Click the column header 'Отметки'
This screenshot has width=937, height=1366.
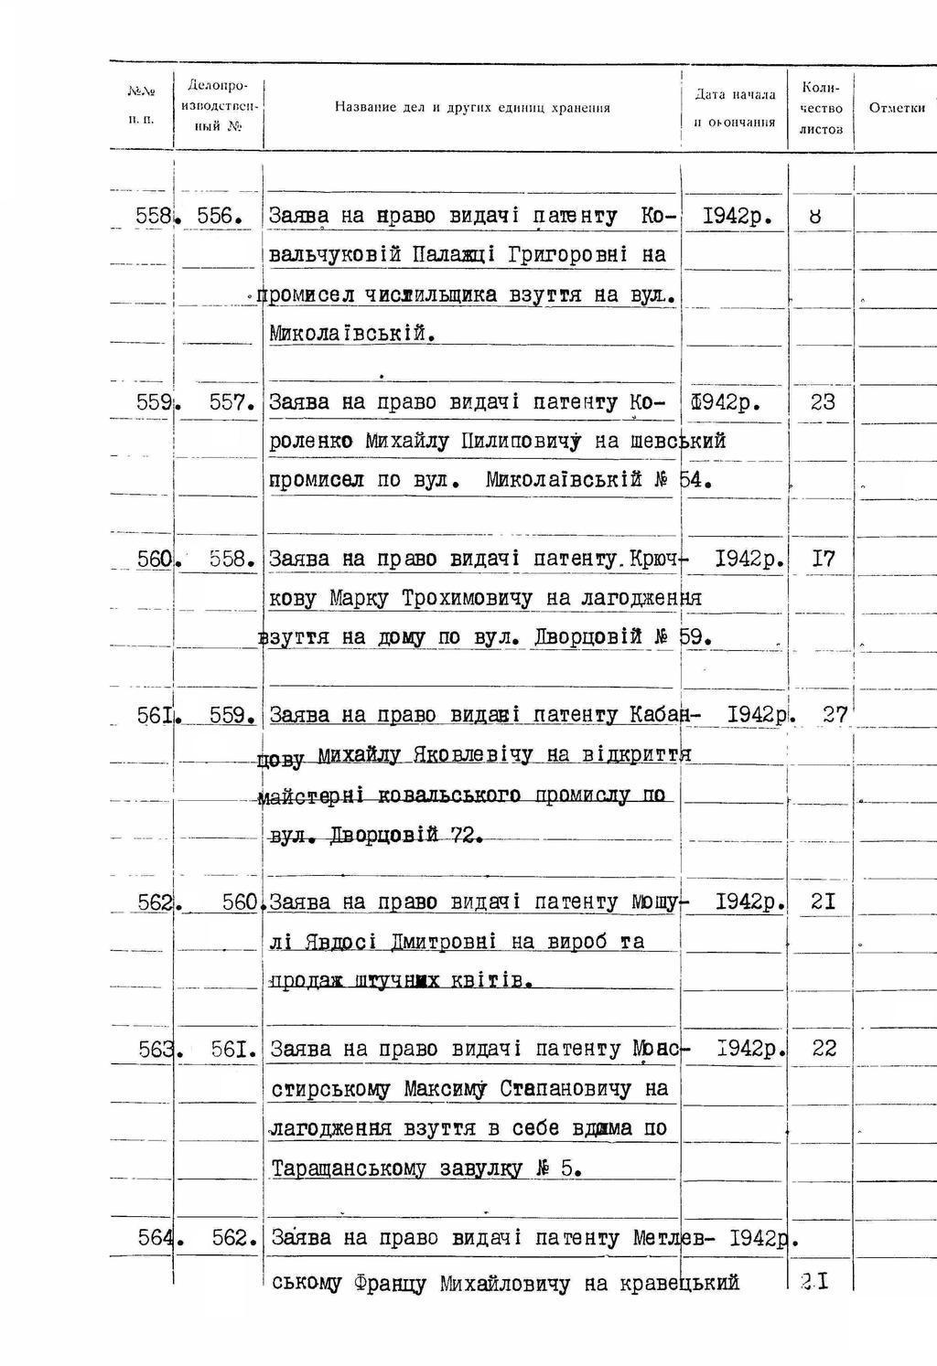[x=897, y=108]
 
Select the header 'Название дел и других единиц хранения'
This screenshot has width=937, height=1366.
[x=472, y=108]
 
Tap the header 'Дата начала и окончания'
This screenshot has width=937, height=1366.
[x=735, y=108]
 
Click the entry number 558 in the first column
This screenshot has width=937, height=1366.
[x=153, y=217]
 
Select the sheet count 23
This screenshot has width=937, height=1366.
[x=823, y=402]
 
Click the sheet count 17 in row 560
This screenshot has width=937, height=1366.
[x=823, y=559]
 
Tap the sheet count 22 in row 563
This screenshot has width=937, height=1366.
[x=824, y=1049]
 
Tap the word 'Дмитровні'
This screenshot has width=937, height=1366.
[x=443, y=942]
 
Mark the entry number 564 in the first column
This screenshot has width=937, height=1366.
[x=155, y=1238]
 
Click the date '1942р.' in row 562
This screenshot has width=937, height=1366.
[x=749, y=902]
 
